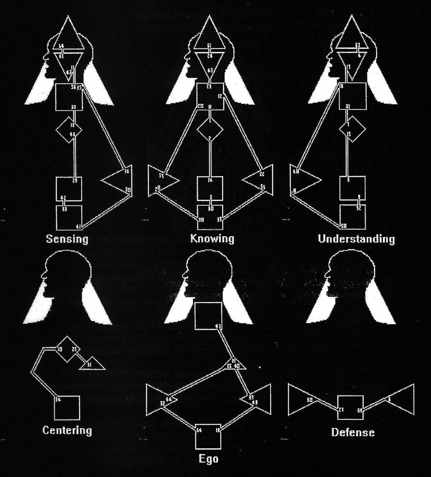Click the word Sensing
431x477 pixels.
pos(67,239)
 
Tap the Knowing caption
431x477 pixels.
pos(212,239)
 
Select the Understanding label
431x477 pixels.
pos(356,239)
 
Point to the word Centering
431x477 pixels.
pos(67,430)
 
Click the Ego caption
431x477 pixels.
pos(209,459)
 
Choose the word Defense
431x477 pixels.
pos(353,432)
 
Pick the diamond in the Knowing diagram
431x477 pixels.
pos(210,130)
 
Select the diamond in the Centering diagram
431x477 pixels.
pos(67,349)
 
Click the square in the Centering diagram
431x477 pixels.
pos(67,407)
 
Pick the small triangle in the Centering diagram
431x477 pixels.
pos(93,364)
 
